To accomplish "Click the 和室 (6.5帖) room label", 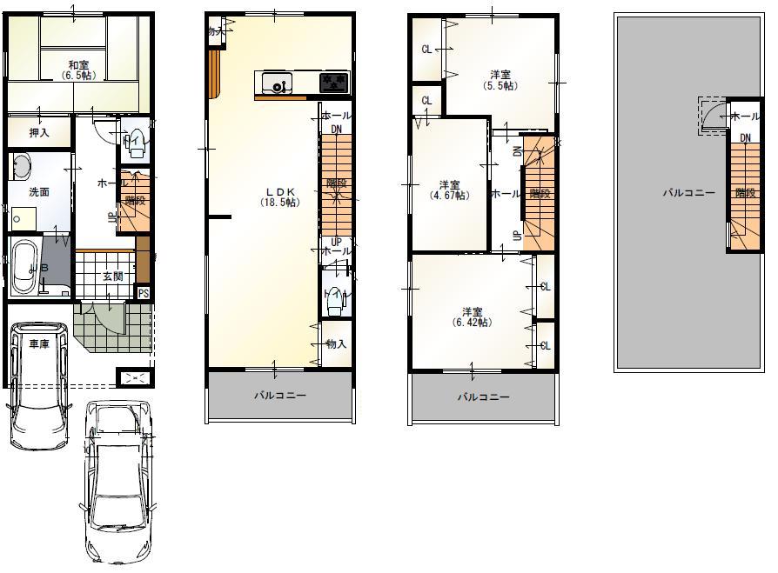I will coord(77,70).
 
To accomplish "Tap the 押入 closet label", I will coord(38,133).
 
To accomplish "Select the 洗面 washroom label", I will coord(38,191).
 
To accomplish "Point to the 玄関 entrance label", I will coord(112,277).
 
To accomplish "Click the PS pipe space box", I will coord(144,293).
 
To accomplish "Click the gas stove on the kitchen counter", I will coord(333,83).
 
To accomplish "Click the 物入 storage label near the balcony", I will coord(336,344).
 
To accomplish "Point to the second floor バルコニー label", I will coord(279,395).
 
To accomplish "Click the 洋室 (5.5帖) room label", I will coord(500,80).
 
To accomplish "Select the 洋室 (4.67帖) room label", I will coord(448,190).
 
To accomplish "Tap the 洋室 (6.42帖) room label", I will coord(472,316).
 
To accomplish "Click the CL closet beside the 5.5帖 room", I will coord(426,50).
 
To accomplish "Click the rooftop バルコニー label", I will coord(688,193).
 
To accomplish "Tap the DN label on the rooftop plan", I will coord(746,138).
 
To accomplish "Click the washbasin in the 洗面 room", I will coord(22,166).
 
